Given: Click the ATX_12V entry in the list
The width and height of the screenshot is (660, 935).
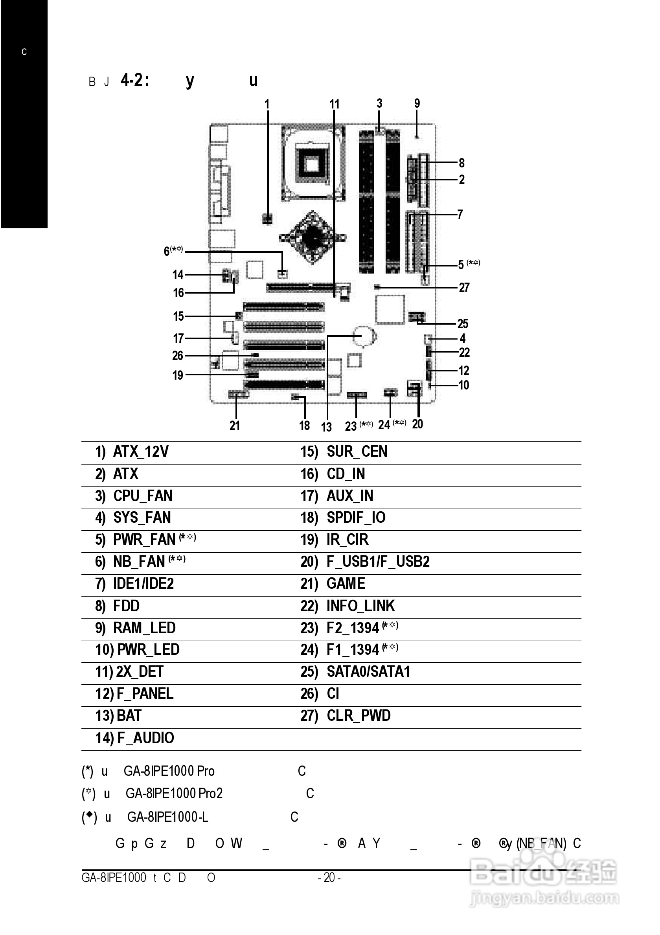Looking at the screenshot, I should (141, 452).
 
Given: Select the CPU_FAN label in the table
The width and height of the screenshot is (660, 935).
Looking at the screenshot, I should (143, 496).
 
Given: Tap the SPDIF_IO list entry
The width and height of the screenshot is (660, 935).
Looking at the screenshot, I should (356, 518).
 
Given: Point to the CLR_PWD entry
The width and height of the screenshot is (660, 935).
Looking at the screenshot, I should (358, 716).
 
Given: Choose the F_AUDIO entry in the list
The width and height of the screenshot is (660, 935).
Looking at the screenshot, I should (145, 738).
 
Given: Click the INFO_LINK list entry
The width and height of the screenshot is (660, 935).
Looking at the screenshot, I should (360, 606).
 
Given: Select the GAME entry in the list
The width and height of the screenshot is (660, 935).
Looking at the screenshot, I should (346, 584).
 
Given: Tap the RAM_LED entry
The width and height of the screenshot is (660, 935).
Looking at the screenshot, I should (144, 628).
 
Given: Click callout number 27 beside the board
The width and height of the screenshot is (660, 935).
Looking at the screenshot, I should (464, 288).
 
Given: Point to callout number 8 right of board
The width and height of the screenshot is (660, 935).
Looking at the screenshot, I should (461, 163).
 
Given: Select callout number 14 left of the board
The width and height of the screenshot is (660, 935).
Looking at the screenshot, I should (178, 275).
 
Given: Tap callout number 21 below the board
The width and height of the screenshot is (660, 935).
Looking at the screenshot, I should (235, 426).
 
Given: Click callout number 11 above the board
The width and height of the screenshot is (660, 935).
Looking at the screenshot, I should (334, 105).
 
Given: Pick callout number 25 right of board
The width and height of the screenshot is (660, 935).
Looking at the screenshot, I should (463, 324).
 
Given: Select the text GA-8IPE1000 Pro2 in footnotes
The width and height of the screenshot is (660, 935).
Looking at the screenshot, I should (174, 793).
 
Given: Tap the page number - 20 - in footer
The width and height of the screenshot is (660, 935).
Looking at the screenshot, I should (329, 878).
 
